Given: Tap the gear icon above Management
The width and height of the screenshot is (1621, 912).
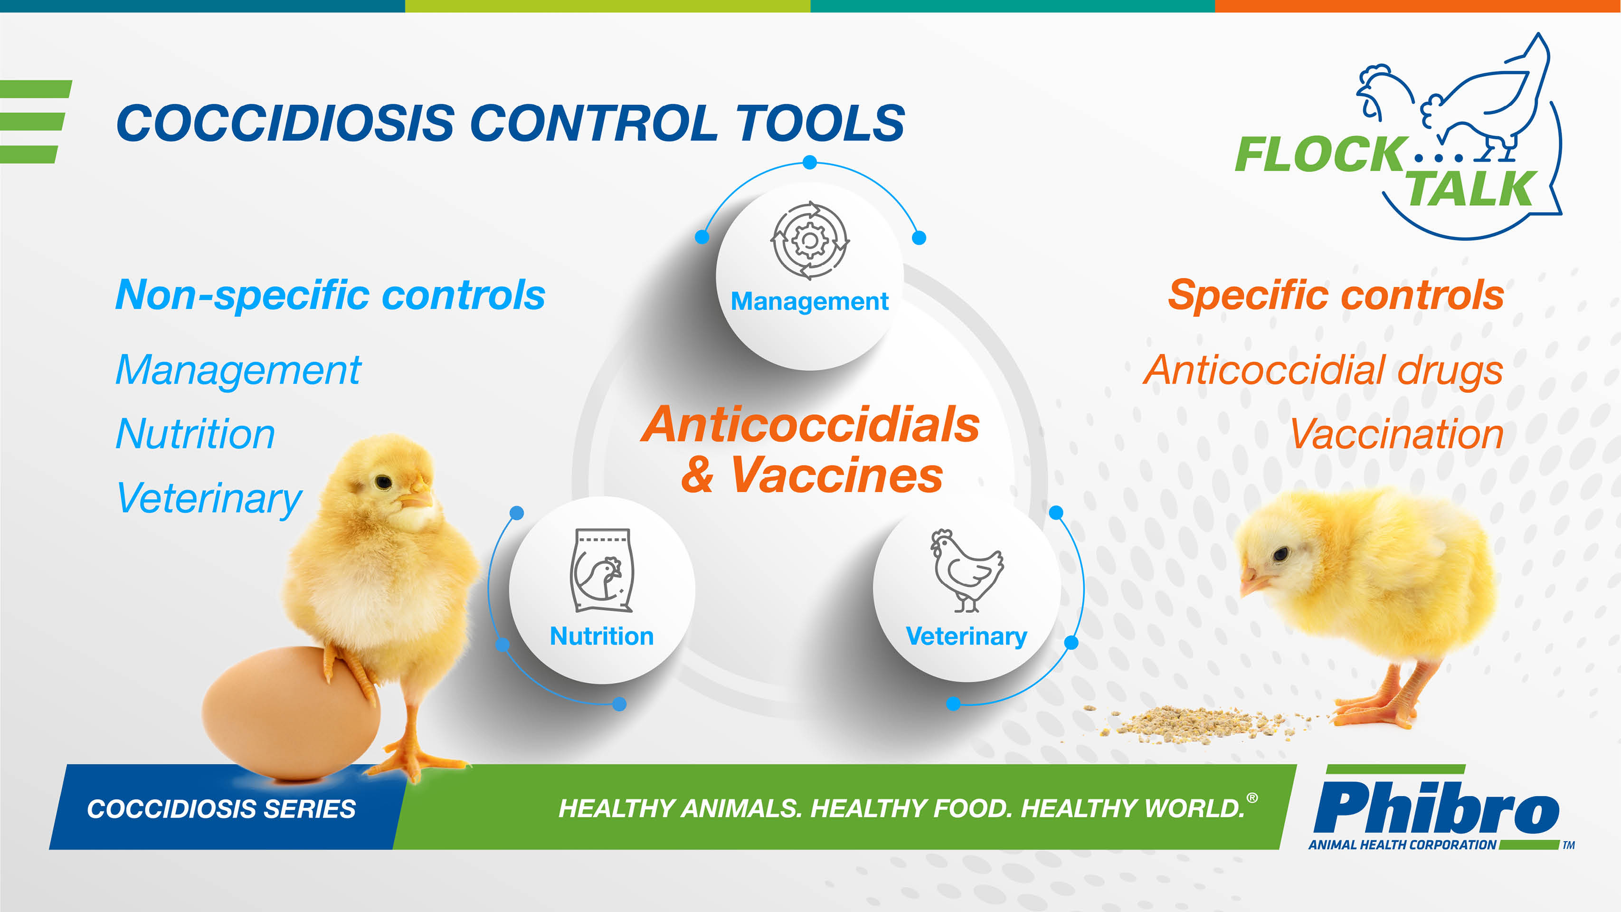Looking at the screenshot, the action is tap(810, 240).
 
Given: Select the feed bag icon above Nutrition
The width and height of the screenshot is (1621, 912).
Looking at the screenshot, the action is tap(602, 570).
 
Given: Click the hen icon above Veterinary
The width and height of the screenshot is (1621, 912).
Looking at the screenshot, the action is tap(967, 570).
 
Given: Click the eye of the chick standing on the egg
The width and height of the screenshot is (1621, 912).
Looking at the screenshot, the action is tap(383, 482).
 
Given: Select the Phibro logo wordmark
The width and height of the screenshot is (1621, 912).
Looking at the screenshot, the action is tap(1437, 807).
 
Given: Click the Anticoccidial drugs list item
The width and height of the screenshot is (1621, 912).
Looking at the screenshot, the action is tap(1323, 370).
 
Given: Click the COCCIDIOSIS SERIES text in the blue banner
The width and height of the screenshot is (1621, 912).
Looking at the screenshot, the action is tap(221, 809).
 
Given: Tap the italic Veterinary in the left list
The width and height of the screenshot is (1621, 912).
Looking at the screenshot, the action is tap(209, 498).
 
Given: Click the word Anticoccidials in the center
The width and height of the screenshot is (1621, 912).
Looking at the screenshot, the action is tap(810, 425).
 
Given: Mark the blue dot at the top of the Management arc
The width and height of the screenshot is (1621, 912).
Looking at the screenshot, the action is tap(810, 162).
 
